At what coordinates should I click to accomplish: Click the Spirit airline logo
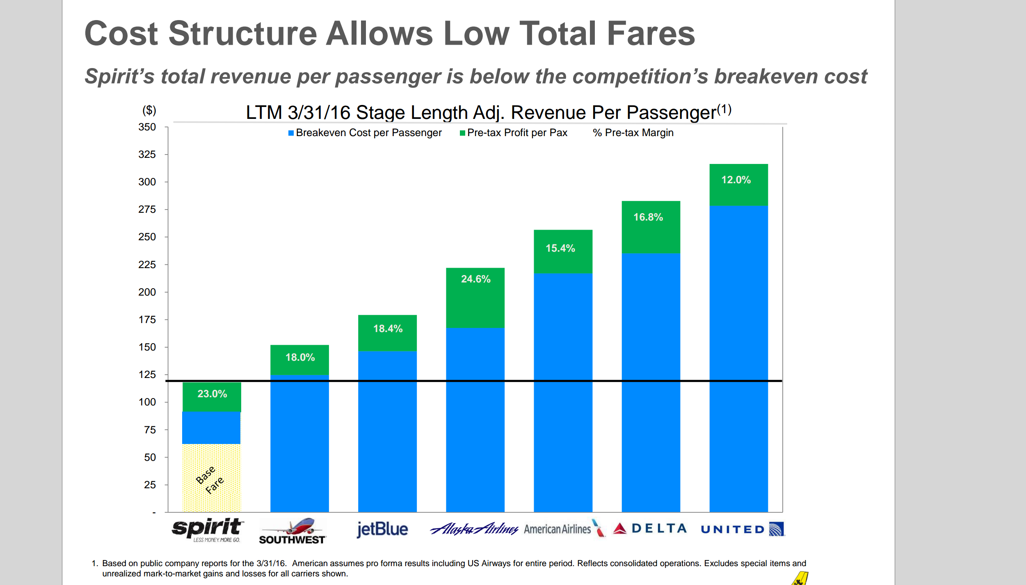(208, 530)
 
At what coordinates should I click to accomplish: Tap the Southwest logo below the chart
(292, 531)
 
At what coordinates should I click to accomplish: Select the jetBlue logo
(382, 529)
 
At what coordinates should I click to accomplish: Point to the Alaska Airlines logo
(474, 529)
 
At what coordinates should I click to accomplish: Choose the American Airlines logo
(564, 529)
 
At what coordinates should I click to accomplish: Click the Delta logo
(650, 528)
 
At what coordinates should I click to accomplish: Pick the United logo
(743, 529)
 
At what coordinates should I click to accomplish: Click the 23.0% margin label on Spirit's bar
(212, 394)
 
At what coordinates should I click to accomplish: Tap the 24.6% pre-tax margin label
(475, 279)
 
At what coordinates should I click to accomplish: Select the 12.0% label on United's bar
(736, 180)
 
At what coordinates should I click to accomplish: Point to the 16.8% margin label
(648, 217)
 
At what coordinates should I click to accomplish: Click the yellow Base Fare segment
(211, 478)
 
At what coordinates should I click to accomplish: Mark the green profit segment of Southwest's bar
(299, 360)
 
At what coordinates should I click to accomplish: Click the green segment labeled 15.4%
(563, 252)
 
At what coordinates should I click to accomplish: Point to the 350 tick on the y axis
(147, 127)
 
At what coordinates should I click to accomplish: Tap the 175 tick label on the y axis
(147, 320)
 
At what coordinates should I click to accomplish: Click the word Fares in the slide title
(651, 34)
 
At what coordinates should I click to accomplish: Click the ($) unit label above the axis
(149, 110)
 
